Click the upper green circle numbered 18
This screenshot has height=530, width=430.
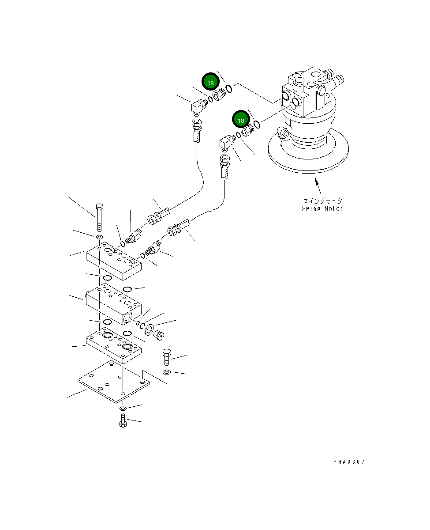(210, 83)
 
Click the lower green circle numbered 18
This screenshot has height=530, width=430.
(241, 120)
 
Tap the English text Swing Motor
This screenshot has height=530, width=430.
(322, 208)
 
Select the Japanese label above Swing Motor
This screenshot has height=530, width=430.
(322, 201)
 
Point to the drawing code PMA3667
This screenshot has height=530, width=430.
(349, 462)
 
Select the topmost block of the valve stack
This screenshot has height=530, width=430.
(113, 263)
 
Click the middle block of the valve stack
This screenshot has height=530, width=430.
(113, 304)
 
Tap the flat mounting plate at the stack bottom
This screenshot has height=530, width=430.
(114, 381)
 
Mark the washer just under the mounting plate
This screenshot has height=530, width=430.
(123, 408)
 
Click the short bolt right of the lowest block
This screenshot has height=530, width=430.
(166, 356)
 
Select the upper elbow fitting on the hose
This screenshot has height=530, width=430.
(198, 106)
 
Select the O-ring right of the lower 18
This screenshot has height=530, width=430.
(256, 125)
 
